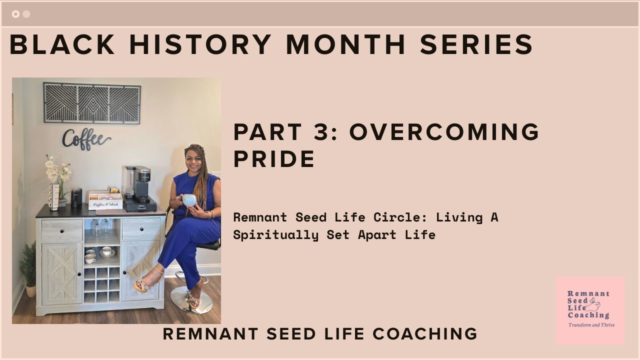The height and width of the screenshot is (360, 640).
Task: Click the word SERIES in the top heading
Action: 476,44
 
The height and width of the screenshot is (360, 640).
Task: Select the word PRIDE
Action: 274,159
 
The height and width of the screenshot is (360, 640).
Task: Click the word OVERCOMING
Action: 444,132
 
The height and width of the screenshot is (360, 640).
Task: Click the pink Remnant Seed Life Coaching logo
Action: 590,310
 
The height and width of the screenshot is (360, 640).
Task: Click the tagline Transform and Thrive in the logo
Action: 591,325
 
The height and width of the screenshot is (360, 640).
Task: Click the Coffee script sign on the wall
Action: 86,139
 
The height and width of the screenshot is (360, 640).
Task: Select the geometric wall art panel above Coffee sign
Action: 92,103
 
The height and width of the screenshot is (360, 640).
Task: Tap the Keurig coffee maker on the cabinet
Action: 138,187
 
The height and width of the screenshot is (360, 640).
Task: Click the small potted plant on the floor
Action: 29,270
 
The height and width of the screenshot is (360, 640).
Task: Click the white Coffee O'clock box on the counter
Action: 105,201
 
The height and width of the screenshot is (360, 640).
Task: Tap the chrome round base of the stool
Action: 191,301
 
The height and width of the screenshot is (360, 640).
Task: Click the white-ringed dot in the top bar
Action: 15,14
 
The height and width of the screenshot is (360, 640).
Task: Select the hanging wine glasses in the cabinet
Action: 101,227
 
